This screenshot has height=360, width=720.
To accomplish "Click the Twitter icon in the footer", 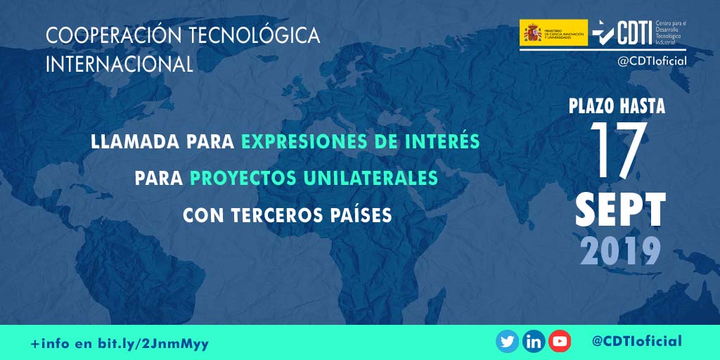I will [x=507, y=342].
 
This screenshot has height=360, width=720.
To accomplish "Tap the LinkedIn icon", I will [x=534, y=342].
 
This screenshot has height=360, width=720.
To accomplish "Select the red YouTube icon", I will [x=560, y=342].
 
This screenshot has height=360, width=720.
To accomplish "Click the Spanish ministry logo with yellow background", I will [x=553, y=33].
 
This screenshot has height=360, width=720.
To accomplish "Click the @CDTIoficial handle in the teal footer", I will [x=636, y=342].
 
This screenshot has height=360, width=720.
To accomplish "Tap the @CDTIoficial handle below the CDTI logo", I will [x=652, y=61].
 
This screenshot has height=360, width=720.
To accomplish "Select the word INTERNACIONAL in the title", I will [x=119, y=65].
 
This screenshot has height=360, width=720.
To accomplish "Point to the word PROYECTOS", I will [x=242, y=178].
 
